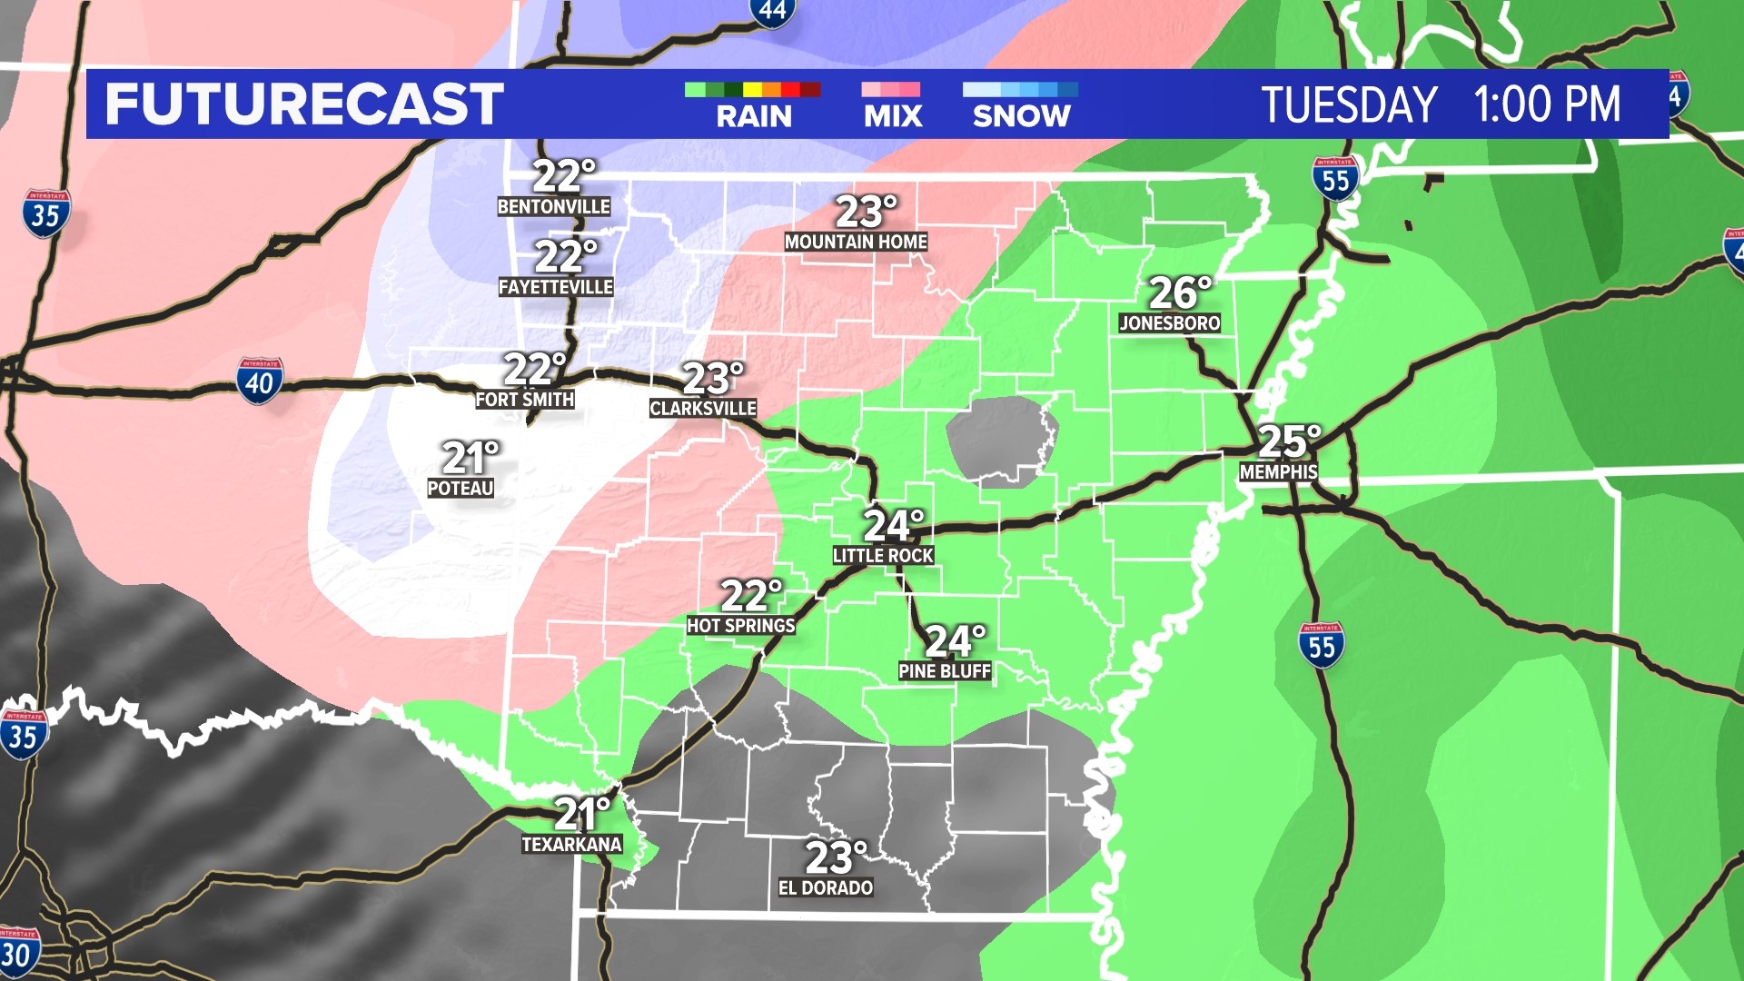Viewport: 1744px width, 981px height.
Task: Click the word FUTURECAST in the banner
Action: pos(304,104)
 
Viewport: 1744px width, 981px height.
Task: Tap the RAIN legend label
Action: pos(754,116)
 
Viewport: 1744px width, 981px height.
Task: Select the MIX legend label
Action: pos(893,116)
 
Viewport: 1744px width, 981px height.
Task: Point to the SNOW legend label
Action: pos(1022,116)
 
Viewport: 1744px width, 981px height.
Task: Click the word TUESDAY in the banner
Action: pos(1349,104)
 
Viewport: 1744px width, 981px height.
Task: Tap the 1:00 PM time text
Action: pos(1547,104)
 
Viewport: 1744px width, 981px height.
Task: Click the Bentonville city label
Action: pos(554,207)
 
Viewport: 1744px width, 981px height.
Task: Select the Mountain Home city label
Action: pos(856,242)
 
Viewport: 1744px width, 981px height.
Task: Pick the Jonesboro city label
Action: pos(1170,322)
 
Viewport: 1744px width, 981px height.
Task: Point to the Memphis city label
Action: pos(1279,472)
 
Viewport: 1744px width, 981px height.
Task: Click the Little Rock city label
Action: pos(883,555)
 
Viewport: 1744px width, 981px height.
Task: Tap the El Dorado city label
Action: pos(826,887)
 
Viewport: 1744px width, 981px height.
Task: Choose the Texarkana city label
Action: pos(571,845)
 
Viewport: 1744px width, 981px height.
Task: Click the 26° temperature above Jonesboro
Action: pos(1179,292)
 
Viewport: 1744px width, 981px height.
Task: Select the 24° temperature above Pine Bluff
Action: pos(955,641)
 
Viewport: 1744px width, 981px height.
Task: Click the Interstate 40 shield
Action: pos(260,381)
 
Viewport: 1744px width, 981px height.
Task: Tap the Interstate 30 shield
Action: pos(17,953)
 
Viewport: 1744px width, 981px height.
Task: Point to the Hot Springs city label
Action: pos(741,626)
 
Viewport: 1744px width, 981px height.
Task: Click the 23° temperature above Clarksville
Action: pos(712,378)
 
